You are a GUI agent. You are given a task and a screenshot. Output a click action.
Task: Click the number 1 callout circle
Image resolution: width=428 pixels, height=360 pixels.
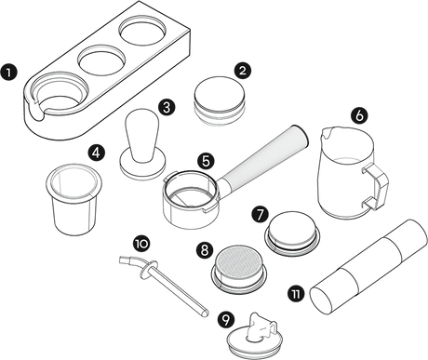(x=9, y=73)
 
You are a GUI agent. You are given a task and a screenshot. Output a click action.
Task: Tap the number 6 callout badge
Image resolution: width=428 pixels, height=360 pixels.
(x=359, y=115)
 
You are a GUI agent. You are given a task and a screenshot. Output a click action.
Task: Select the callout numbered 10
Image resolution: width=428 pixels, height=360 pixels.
(x=141, y=244)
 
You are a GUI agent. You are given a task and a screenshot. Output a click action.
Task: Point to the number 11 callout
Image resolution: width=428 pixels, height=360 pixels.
(x=296, y=294)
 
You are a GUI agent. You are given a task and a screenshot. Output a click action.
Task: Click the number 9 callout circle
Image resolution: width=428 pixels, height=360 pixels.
(x=226, y=320)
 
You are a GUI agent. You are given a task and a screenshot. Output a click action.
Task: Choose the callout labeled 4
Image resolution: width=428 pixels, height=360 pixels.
(x=97, y=153)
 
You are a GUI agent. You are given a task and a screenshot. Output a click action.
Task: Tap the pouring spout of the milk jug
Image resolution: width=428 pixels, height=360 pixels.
(x=327, y=133)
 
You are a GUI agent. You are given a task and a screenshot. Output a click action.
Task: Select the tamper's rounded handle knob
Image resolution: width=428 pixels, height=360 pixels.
(x=141, y=133)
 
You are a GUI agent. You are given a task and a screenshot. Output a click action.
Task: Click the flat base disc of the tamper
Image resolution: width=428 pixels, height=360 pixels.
(x=143, y=163)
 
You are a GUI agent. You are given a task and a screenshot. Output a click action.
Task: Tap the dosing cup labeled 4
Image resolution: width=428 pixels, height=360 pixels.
(x=74, y=198)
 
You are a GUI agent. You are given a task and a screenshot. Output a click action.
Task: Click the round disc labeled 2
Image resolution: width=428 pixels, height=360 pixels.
(x=220, y=100)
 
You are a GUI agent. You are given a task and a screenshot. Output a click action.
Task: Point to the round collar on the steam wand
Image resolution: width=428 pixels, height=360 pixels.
(x=148, y=269)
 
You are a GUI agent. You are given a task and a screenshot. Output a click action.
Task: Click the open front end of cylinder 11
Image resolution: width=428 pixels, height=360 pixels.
(x=321, y=299)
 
